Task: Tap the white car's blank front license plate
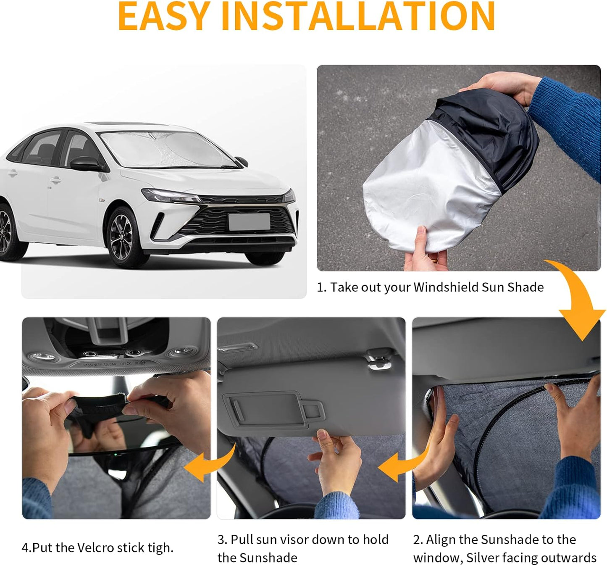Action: click(249, 221)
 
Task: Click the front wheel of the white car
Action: click(122, 238)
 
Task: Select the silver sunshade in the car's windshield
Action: click(164, 149)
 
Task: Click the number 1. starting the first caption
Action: click(321, 287)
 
